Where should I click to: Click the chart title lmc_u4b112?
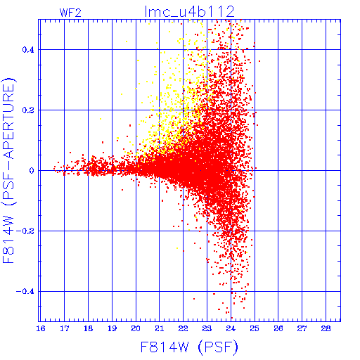190,12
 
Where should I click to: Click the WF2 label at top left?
70,13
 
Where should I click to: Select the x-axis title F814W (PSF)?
189,347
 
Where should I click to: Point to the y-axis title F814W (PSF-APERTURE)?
9,170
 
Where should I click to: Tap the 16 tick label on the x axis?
41,328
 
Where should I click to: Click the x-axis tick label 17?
65,328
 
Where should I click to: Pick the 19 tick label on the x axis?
112,328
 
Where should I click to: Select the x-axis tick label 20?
136,328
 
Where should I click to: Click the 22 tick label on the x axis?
184,328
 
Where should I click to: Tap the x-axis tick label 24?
231,328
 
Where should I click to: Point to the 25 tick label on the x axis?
255,328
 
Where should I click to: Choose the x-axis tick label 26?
278,328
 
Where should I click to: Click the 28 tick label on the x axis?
326,328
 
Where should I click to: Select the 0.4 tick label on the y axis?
28,50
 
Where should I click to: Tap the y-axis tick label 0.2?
28,110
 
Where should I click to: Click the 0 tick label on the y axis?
32,171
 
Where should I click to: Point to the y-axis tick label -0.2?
25,231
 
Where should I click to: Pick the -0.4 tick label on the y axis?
25,292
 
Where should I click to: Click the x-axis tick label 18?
89,328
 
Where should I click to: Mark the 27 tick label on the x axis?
302,328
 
